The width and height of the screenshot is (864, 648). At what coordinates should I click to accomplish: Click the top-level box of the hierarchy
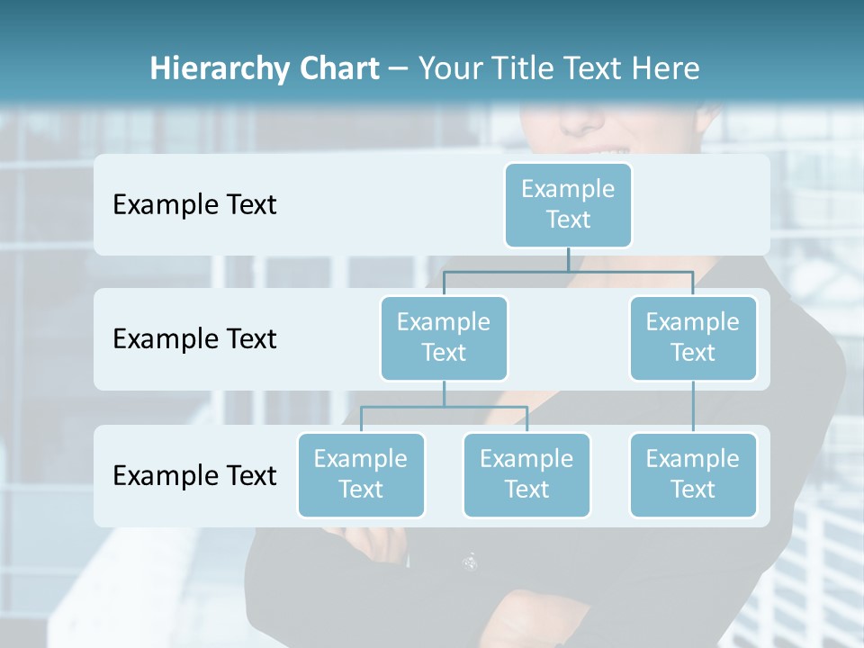pyautogui.click(x=568, y=204)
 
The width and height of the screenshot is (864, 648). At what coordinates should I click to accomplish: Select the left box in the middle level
pyautogui.click(x=444, y=337)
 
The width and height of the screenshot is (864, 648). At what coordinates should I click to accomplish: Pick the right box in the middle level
pyautogui.click(x=692, y=337)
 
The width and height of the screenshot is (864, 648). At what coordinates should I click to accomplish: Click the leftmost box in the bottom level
pyautogui.click(x=360, y=474)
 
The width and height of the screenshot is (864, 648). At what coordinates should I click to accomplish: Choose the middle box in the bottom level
pyautogui.click(x=526, y=474)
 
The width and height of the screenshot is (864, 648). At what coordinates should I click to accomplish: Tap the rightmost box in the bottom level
pyautogui.click(x=692, y=474)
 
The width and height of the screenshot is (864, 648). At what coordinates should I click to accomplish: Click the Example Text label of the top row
pyautogui.click(x=194, y=205)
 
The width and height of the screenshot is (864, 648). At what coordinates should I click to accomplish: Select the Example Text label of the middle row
pyautogui.click(x=194, y=339)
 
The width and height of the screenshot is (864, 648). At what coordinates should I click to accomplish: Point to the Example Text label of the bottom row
pyautogui.click(x=194, y=475)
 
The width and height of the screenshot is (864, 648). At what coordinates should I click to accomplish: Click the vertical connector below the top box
pyautogui.click(x=568, y=259)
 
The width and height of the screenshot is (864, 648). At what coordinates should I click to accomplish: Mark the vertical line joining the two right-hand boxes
pyautogui.click(x=692, y=407)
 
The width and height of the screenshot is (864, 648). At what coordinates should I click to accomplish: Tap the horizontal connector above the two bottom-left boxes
pyautogui.click(x=444, y=407)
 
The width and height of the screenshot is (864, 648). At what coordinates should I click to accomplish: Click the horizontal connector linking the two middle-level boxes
pyautogui.click(x=568, y=271)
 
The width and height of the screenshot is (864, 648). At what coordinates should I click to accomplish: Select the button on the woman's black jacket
pyautogui.click(x=470, y=562)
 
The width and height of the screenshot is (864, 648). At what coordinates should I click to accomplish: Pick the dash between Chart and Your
pyautogui.click(x=399, y=69)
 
